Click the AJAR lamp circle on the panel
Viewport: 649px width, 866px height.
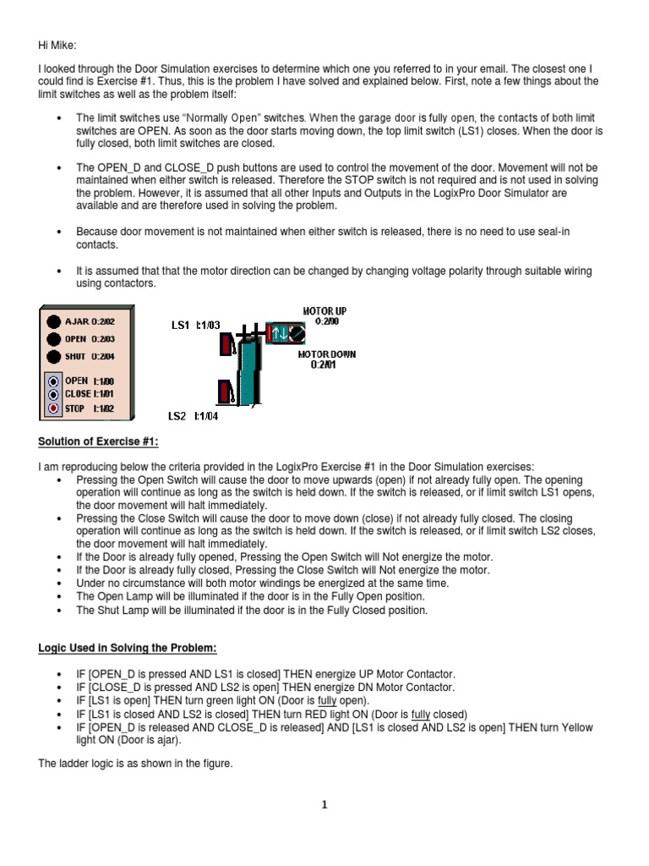coord(53,321)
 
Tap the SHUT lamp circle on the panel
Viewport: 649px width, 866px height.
coord(53,355)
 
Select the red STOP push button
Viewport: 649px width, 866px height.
coord(53,409)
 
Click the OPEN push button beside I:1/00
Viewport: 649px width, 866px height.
coord(53,381)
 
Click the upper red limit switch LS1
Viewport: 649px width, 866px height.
coord(226,344)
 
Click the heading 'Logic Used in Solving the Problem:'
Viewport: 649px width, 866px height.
coord(128,648)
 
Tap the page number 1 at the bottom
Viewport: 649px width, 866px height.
coord(324,805)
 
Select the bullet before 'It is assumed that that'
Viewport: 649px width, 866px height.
coord(57,271)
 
